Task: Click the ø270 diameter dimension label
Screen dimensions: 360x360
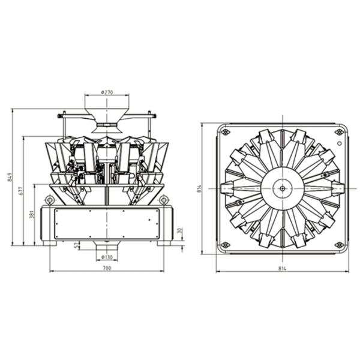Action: pos(107,92)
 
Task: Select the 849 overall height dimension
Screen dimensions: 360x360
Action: pos(10,177)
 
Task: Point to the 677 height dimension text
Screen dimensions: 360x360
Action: pos(20,191)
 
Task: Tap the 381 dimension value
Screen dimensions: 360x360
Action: pos(32,214)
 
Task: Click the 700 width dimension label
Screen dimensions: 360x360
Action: pos(107,268)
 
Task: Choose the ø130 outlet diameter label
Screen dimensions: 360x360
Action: pos(107,257)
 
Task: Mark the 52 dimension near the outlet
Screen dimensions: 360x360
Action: pos(76,246)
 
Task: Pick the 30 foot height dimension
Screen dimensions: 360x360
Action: pos(180,230)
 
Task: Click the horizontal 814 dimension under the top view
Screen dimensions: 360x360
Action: pos(282,268)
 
